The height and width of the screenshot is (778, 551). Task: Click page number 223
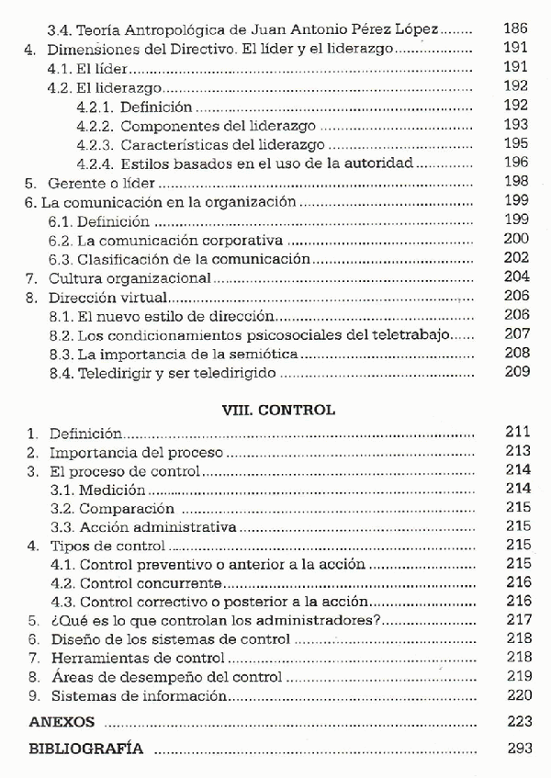[519, 722]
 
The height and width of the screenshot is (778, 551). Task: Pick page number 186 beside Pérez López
[516, 29]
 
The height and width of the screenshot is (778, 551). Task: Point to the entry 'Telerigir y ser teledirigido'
[176, 374]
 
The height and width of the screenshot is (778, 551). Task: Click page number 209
[519, 373]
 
